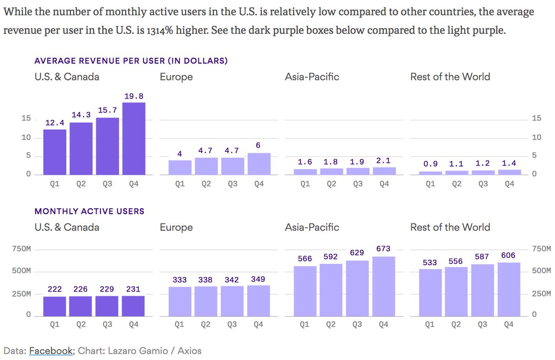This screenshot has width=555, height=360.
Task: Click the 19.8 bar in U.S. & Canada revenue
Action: click(134, 138)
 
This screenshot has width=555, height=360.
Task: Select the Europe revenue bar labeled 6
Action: click(259, 164)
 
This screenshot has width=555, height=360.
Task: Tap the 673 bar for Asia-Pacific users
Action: click(383, 286)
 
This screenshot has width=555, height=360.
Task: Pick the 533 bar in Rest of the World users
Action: click(430, 292)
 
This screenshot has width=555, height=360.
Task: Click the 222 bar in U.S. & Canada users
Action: click(55, 306)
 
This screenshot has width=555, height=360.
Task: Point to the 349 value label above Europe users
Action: click(258, 279)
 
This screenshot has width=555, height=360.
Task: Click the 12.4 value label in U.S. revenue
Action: click(54, 123)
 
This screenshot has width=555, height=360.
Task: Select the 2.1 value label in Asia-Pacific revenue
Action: click(384, 160)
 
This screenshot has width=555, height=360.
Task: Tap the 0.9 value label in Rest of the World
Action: click(430, 164)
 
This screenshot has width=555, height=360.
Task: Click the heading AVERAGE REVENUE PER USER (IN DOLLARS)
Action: click(131, 61)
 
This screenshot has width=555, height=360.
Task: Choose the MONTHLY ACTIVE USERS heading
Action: click(90, 211)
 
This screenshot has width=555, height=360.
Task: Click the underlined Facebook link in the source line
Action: click(50, 351)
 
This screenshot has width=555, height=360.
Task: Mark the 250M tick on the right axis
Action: click(541, 294)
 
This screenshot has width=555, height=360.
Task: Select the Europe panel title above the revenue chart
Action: click(176, 77)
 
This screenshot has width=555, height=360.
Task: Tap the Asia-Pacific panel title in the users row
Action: click(312, 227)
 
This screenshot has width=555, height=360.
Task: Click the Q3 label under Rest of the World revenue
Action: click(483, 184)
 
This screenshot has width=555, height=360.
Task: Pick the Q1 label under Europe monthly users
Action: click(179, 325)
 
